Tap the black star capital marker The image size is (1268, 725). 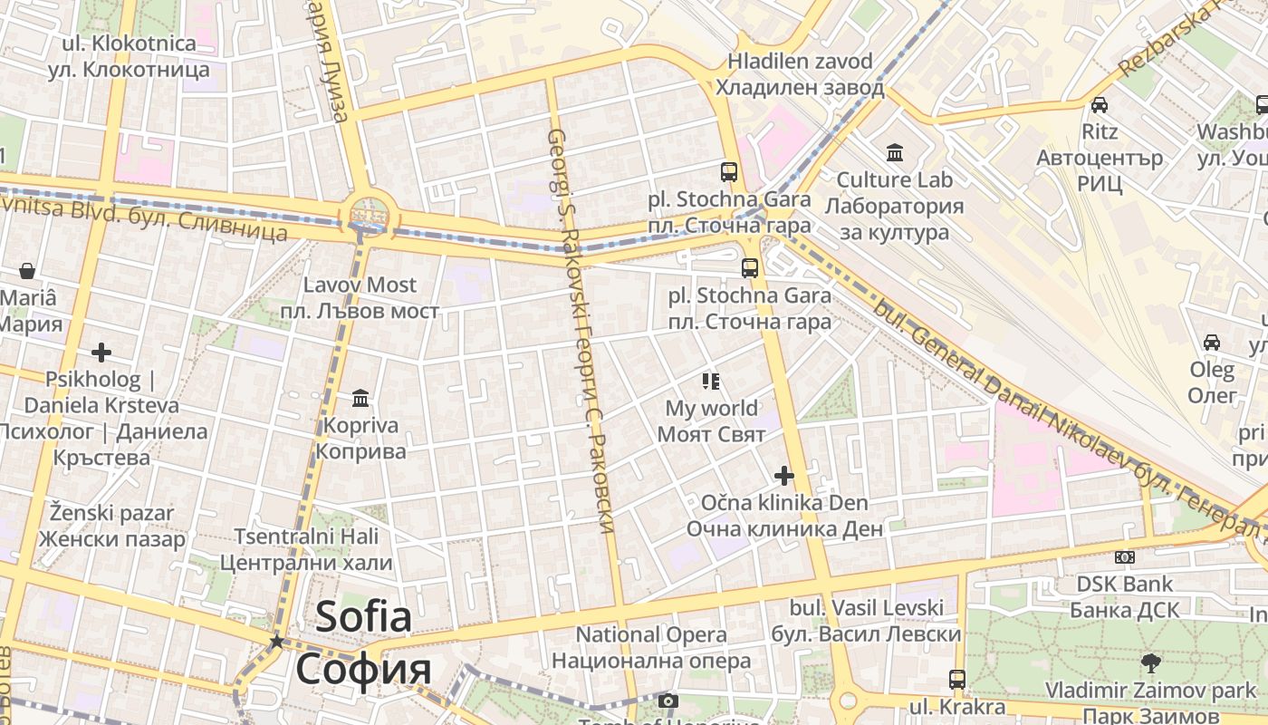(x=276, y=642)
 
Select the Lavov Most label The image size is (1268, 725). (x=360, y=298)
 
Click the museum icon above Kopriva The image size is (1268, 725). (x=360, y=399)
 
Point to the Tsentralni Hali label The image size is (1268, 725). (x=306, y=549)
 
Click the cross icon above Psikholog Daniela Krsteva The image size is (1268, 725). (x=101, y=352)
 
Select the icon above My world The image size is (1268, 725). (x=711, y=382)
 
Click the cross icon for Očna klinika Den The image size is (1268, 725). (x=784, y=476)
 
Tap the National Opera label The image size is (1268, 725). (x=651, y=648)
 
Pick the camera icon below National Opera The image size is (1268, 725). (x=668, y=701)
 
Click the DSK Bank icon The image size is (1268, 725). (x=1125, y=557)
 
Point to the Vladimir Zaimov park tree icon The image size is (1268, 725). (x=1150, y=662)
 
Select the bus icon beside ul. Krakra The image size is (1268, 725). (x=957, y=679)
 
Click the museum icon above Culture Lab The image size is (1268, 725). (x=895, y=151)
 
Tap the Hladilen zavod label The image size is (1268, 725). (x=800, y=74)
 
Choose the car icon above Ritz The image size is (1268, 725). (x=1100, y=104)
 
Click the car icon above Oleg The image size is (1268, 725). (x=1212, y=343)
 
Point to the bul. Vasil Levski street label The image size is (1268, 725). (x=866, y=621)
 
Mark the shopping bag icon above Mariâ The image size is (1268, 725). (x=27, y=270)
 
